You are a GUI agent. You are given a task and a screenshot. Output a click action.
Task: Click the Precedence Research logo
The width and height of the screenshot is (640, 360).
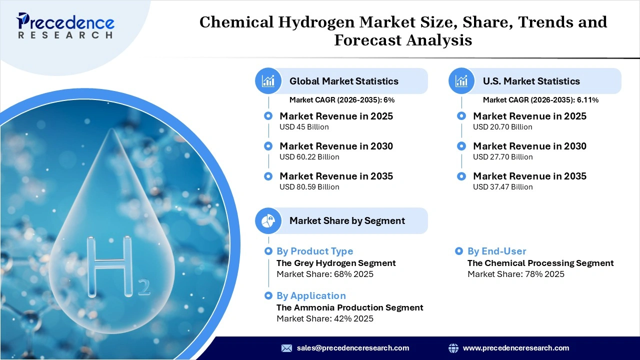pyautogui.click(x=65, y=25)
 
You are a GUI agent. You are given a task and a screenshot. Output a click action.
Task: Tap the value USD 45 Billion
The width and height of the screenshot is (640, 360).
pyautogui.click(x=304, y=127)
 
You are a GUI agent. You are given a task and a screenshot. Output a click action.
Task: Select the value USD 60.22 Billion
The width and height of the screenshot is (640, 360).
pyautogui.click(x=309, y=157)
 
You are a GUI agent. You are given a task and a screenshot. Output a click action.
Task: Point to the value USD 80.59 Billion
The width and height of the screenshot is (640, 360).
pyautogui.click(x=309, y=187)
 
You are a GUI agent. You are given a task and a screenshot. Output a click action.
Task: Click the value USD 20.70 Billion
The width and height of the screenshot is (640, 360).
pyautogui.click(x=502, y=127)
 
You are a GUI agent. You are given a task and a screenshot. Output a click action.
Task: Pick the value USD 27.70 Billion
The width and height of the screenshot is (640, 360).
pyautogui.click(x=502, y=157)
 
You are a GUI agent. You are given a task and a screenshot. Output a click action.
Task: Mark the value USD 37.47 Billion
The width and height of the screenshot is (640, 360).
pyautogui.click(x=502, y=187)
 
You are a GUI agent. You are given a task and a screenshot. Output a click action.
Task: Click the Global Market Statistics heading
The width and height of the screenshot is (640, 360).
pyautogui.click(x=344, y=81)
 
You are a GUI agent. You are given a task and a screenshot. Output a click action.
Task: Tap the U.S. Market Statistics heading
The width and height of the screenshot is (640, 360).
pyautogui.click(x=531, y=81)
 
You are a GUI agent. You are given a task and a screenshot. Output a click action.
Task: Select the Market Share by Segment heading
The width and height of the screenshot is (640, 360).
pyautogui.click(x=347, y=220)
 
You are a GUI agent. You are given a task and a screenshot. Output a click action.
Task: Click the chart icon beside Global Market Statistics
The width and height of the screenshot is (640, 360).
pyautogui.click(x=268, y=81)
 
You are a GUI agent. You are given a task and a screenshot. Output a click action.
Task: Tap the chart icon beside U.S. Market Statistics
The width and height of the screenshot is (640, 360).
pyautogui.click(x=461, y=81)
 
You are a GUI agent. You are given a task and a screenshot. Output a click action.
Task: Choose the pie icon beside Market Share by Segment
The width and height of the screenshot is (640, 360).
pyautogui.click(x=268, y=220)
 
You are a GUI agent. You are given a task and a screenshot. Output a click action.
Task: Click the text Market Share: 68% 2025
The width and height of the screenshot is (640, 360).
pyautogui.click(x=324, y=274)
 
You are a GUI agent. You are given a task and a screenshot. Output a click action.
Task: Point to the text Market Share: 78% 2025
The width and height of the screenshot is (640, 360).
pyautogui.click(x=515, y=274)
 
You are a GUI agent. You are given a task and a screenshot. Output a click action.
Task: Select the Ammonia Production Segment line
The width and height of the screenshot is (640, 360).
pyautogui.click(x=349, y=307)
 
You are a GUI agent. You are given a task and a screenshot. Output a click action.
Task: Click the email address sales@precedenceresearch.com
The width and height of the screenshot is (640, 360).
pyautogui.click(x=352, y=348)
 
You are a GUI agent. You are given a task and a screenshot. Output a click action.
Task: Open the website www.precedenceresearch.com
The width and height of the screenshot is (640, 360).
pyautogui.click(x=515, y=348)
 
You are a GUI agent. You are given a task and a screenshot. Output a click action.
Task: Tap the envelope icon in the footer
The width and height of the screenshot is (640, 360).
pyautogui.click(x=286, y=348)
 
